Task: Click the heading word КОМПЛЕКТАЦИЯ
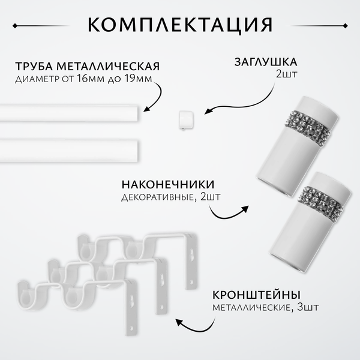[x=179, y=25]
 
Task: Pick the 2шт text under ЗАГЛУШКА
[x=287, y=76]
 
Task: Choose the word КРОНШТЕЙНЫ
[x=256, y=294]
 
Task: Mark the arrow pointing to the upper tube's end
[x=155, y=99]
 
